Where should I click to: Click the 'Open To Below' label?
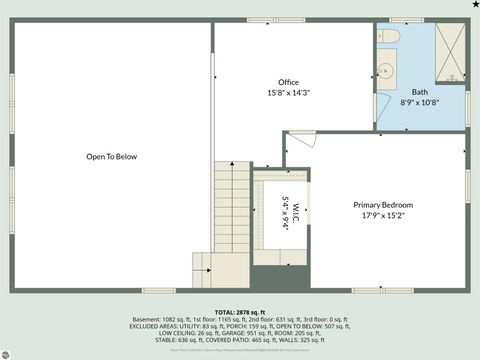coord(111,157)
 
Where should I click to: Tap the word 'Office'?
coord(289,82)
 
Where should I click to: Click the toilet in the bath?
coord(388,38)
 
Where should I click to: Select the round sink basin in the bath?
coord(386,72)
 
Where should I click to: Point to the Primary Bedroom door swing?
coord(303,143)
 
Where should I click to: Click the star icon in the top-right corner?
coord(474,5)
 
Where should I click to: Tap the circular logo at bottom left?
coord(8,351)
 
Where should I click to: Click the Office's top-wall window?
coord(263,20)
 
